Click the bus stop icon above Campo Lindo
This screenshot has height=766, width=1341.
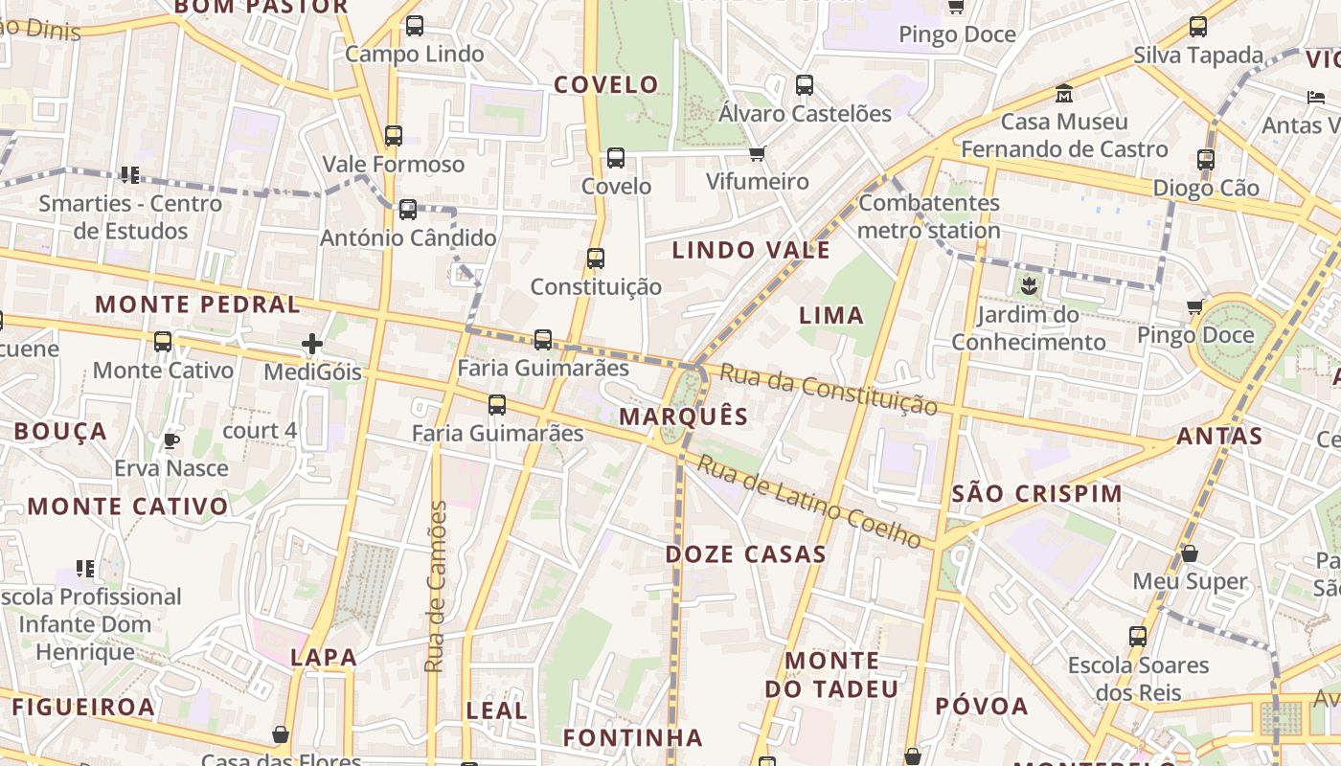pos(415,26)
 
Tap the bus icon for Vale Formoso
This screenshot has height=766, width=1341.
pos(394,136)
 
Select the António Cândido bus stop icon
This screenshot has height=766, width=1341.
pos(408,210)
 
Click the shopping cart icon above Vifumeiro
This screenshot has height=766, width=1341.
pos(758,153)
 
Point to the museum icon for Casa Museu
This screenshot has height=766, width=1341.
pos(1064,94)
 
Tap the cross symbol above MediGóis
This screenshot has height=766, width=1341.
pos(312,344)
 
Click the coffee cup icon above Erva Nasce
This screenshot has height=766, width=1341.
pos(171,440)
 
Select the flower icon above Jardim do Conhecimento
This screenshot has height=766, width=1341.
pos(1029,285)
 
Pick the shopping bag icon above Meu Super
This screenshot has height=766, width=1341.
pos(1190,553)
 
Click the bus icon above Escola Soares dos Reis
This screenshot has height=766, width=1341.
pos(1138,636)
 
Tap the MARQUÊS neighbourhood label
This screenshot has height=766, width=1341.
pos(683,417)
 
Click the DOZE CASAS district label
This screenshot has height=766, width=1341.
pos(746,554)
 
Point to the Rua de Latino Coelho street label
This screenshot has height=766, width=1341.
pos(809,501)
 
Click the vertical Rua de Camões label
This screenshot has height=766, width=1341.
pos(436,586)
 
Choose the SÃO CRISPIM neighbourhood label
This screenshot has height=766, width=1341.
pos(1038,494)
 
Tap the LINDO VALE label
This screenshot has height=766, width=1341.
pos(751,251)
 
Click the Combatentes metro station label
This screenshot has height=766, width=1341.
pos(928,216)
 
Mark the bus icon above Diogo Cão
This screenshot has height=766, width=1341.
pos(1206,160)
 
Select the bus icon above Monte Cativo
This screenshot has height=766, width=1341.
pos(163,342)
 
